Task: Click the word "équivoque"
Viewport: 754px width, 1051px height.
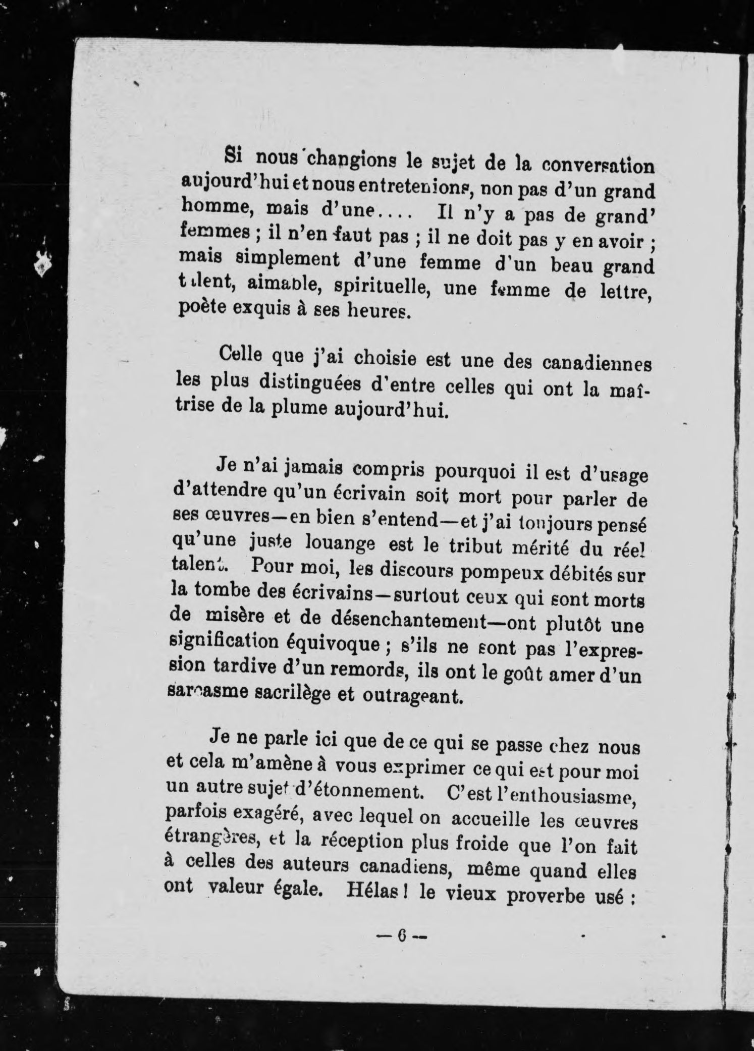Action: pos(343,645)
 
